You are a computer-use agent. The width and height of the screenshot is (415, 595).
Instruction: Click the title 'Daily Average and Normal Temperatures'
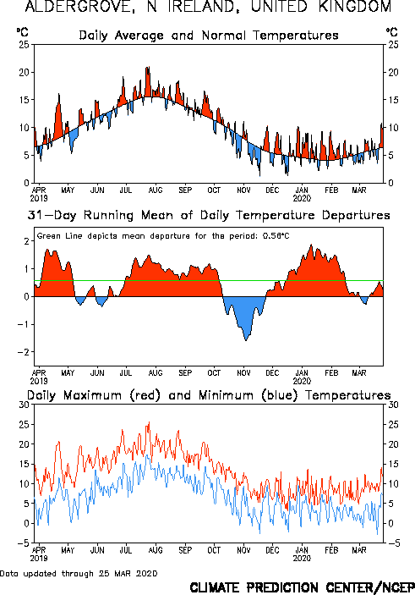[209, 36]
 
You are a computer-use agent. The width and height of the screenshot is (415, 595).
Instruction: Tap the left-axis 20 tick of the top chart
[25, 72]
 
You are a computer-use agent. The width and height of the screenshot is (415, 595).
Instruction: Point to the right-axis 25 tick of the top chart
[393, 44]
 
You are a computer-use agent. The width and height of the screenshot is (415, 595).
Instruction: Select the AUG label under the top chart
[156, 190]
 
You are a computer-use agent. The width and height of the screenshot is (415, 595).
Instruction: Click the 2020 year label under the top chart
[302, 198]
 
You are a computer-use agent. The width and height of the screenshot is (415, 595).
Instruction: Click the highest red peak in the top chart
[148, 67]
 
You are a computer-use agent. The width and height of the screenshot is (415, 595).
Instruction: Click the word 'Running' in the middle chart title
[108, 215]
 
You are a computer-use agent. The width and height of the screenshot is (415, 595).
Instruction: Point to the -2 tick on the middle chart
[24, 352]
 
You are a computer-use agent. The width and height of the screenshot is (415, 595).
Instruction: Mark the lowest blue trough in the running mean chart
[246, 340]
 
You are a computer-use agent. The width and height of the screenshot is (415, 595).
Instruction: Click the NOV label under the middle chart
[243, 372]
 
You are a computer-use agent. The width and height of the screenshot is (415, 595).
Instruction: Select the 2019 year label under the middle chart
[39, 381]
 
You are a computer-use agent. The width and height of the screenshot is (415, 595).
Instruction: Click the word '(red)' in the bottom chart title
[145, 395]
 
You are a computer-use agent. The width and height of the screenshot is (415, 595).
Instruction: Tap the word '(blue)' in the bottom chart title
[279, 395]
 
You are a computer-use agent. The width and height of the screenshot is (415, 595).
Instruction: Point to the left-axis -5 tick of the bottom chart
[24, 543]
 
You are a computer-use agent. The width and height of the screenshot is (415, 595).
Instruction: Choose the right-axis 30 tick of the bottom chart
[393, 405]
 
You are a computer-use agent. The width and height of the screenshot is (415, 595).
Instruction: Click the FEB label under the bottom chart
[331, 550]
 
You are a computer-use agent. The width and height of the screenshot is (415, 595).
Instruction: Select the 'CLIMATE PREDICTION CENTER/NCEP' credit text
[303, 587]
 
